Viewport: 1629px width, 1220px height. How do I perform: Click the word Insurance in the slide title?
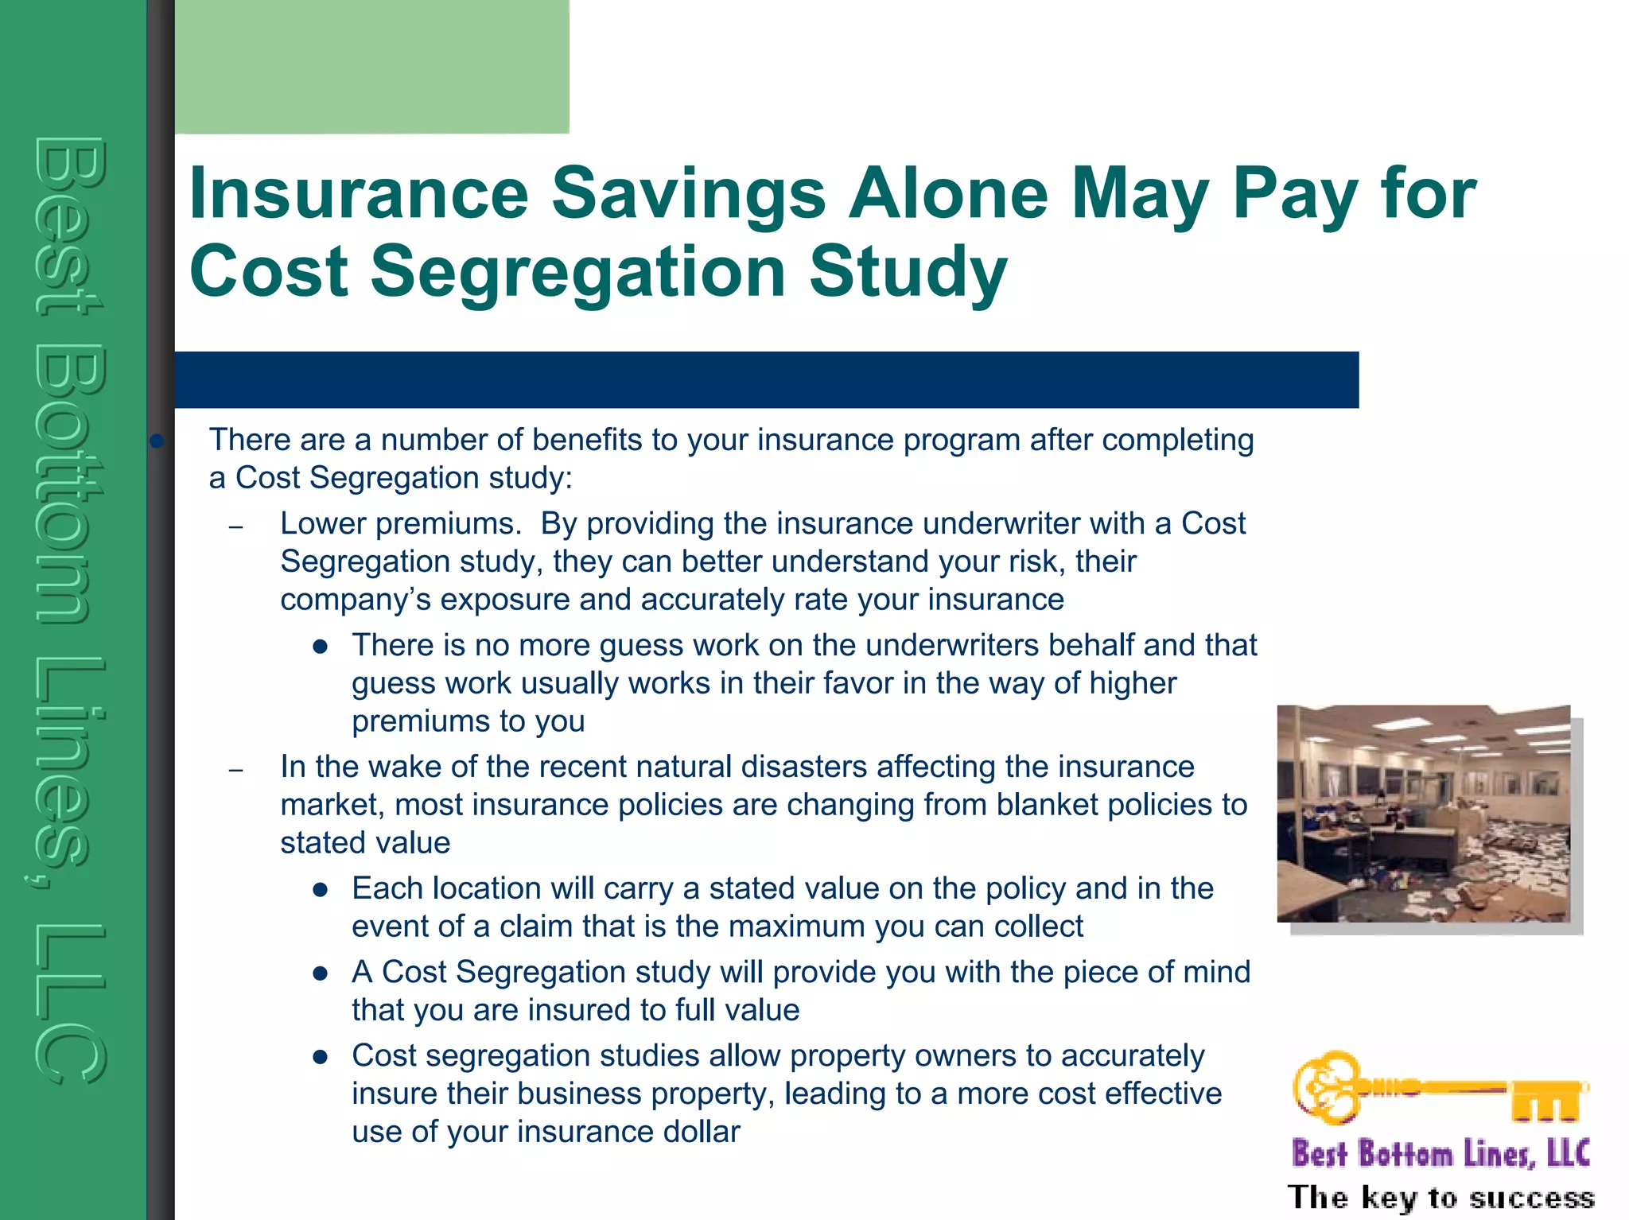[358, 195]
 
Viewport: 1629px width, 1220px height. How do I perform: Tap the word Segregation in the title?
[578, 272]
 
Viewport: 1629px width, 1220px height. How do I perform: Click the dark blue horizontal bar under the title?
[765, 380]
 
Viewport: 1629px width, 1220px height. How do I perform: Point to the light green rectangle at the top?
[371, 66]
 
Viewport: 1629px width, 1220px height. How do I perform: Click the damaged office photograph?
[1423, 813]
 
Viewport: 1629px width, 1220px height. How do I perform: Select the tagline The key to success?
[1440, 1198]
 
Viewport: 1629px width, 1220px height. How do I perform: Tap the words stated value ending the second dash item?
[365, 843]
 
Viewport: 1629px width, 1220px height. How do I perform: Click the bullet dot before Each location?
[321, 890]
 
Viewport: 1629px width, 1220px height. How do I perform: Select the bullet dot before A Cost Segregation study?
[321, 973]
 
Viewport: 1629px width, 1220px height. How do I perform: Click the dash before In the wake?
[235, 770]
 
